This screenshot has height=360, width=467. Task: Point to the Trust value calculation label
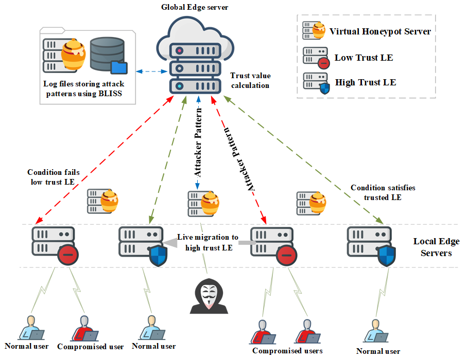click(250, 80)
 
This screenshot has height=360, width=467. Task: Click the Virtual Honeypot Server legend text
click(380, 31)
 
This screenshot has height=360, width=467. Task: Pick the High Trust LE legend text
click(366, 82)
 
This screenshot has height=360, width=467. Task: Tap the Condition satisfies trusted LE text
click(383, 192)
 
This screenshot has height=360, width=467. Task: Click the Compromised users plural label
click(287, 351)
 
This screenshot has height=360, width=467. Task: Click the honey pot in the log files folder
click(73, 54)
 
